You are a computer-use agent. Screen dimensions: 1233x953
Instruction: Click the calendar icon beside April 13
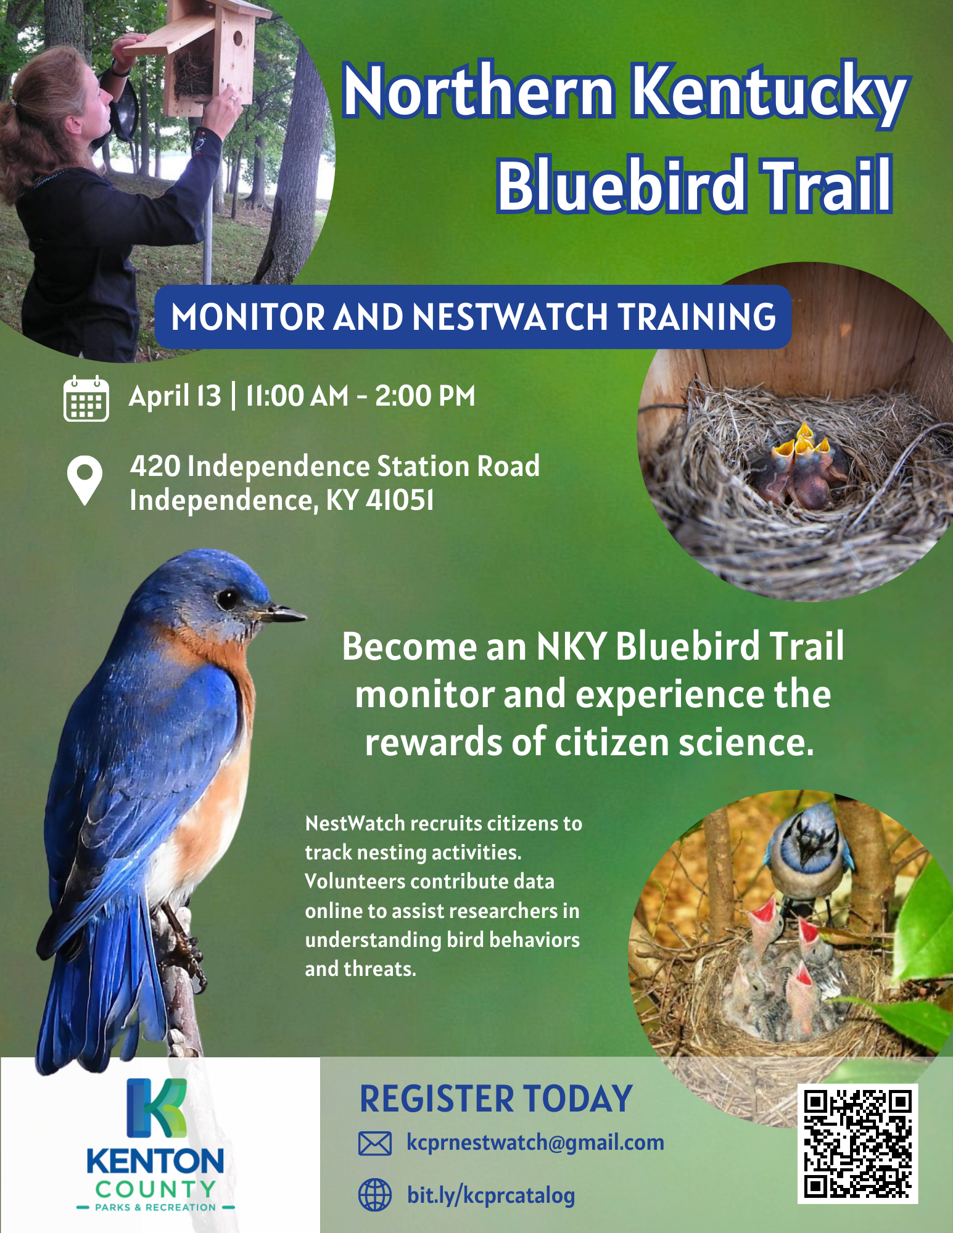pos(86,399)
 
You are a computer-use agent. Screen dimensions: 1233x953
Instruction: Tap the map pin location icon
pos(85,480)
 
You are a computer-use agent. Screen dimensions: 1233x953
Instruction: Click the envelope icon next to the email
pos(374,1144)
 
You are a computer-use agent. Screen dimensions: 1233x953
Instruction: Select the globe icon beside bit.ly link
pos(374,1195)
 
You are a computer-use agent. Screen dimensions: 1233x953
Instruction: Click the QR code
pos(857,1144)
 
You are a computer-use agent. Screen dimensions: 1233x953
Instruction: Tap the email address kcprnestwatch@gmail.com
pos(535,1142)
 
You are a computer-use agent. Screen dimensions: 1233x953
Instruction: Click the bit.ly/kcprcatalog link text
pos(490,1195)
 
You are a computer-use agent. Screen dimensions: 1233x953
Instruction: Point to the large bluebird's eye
pos(228,597)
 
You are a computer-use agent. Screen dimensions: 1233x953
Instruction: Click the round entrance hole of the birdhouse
pos(237,41)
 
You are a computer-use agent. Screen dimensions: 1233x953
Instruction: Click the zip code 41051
pos(400,500)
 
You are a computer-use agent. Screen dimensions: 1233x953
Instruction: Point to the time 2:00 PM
pos(425,396)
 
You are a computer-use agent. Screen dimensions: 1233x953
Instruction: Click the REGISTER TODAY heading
pos(496,1099)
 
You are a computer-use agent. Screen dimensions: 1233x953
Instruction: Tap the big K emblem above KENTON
pos(156,1108)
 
